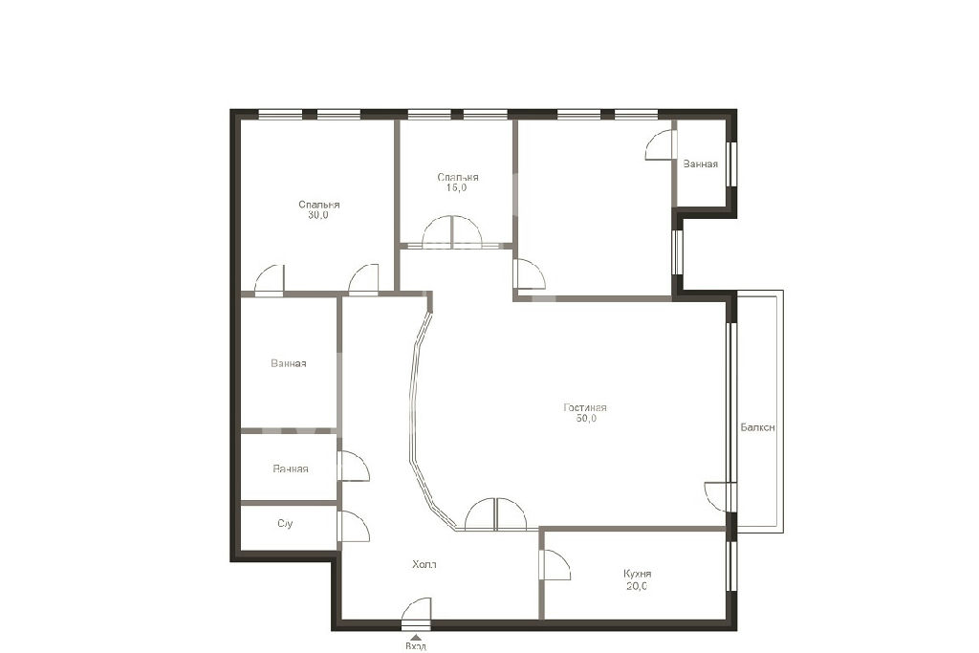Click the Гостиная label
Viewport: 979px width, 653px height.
pyautogui.click(x=585, y=407)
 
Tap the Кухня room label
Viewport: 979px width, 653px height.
pyautogui.click(x=638, y=574)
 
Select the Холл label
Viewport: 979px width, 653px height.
pyautogui.click(x=424, y=564)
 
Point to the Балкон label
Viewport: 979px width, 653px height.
pyautogui.click(x=758, y=427)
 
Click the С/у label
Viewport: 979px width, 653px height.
pyautogui.click(x=285, y=523)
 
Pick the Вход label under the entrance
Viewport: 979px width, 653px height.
pyautogui.click(x=416, y=646)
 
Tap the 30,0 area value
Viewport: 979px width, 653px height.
pyautogui.click(x=317, y=215)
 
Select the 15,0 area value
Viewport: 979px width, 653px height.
pyautogui.click(x=456, y=187)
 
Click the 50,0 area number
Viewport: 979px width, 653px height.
pyautogui.click(x=586, y=418)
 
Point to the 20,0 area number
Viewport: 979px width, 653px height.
pyautogui.click(x=636, y=585)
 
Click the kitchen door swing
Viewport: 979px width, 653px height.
pyautogui.click(x=555, y=564)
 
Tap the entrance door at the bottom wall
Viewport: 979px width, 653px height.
pyautogui.click(x=417, y=612)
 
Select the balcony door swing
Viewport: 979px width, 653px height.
pyautogui.click(x=719, y=497)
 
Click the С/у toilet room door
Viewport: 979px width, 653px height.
pyautogui.click(x=354, y=526)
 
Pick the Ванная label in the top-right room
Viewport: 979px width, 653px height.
pyautogui.click(x=701, y=163)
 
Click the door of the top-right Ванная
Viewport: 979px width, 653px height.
pyautogui.click(x=661, y=144)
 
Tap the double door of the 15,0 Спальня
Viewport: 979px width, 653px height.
pyautogui.click(x=452, y=232)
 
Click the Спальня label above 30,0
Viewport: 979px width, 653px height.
pyautogui.click(x=319, y=205)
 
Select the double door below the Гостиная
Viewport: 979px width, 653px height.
pyautogui.click(x=496, y=513)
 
